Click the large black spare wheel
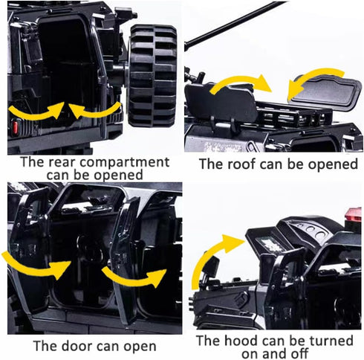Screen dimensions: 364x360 (152, 76)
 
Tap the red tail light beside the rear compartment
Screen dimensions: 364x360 (16, 126)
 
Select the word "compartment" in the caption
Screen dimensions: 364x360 (125, 163)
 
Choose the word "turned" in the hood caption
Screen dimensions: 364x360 (331, 341)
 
